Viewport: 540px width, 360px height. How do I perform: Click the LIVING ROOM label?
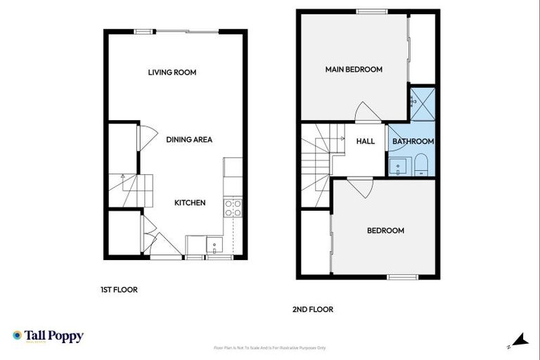[x=172, y=72]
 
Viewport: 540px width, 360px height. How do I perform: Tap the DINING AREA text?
[x=188, y=139]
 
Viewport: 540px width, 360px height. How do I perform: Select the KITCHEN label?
[x=190, y=202]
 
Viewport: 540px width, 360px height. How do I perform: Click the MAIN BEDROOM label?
[x=353, y=69]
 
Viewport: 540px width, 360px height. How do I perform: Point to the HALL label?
[x=366, y=141]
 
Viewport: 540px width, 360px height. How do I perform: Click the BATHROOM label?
[x=413, y=141]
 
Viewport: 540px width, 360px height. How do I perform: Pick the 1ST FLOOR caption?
[x=118, y=289]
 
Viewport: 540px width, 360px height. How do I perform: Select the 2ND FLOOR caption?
[x=313, y=309]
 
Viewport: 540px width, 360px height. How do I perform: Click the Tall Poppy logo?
[x=48, y=336]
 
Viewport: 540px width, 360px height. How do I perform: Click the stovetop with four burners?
[x=233, y=207]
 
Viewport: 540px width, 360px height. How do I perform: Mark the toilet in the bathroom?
[x=421, y=165]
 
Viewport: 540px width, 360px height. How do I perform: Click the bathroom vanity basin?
[x=399, y=167]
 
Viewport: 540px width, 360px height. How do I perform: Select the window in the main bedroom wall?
[x=366, y=11]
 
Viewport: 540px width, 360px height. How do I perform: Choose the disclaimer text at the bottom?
[x=269, y=347]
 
